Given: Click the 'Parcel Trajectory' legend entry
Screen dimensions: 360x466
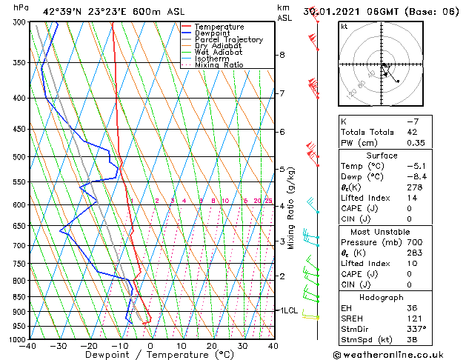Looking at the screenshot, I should pyautogui.click(x=228, y=40).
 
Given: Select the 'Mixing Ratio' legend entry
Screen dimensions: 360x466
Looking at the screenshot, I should pyautogui.click(x=219, y=65).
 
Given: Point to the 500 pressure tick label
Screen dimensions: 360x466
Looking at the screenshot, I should pyautogui.click(x=18, y=157).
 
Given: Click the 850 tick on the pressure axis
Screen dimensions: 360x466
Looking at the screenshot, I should pyautogui.click(x=18, y=296).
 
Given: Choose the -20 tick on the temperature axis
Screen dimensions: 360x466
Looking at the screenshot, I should pyautogui.click(x=89, y=346).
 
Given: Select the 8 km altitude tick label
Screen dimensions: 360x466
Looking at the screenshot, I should pyautogui.click(x=282, y=55).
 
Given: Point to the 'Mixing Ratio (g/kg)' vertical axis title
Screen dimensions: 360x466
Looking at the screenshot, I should pyautogui.click(x=292, y=208).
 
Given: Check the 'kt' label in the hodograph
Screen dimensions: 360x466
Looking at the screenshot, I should pyautogui.click(x=344, y=27).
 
